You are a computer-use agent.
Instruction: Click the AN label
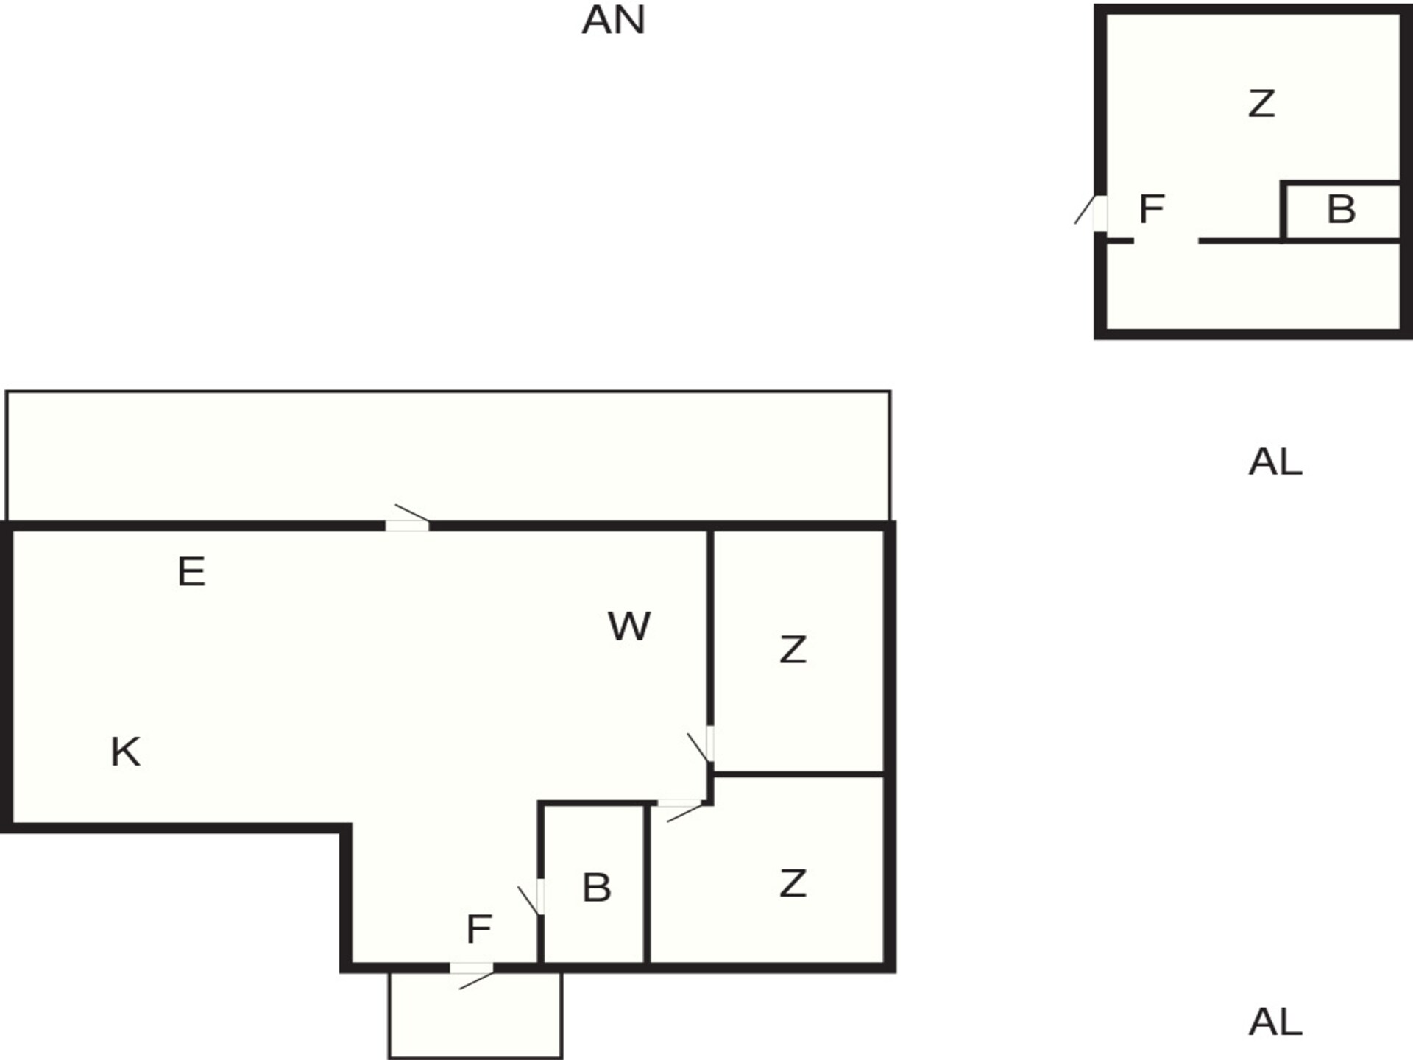[x=613, y=20]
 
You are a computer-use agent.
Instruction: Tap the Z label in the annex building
[x=1261, y=104]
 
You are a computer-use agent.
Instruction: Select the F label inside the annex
[x=1152, y=209]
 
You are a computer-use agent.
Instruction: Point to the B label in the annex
[x=1341, y=210]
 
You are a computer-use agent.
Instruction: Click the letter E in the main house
[x=191, y=572]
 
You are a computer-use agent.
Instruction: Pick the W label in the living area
[x=629, y=626]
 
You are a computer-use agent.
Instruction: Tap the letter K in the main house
[x=125, y=752]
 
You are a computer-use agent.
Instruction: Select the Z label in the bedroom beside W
[x=793, y=650]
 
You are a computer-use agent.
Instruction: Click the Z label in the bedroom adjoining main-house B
[x=793, y=883]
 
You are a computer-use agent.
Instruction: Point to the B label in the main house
[x=596, y=888]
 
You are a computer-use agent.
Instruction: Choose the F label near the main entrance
[x=478, y=930]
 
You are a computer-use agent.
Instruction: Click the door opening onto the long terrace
[x=408, y=519]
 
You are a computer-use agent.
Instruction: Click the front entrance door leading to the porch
[x=472, y=975]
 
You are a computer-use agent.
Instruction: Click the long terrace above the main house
[x=448, y=456]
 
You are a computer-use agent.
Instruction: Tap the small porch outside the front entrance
[x=475, y=1016]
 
